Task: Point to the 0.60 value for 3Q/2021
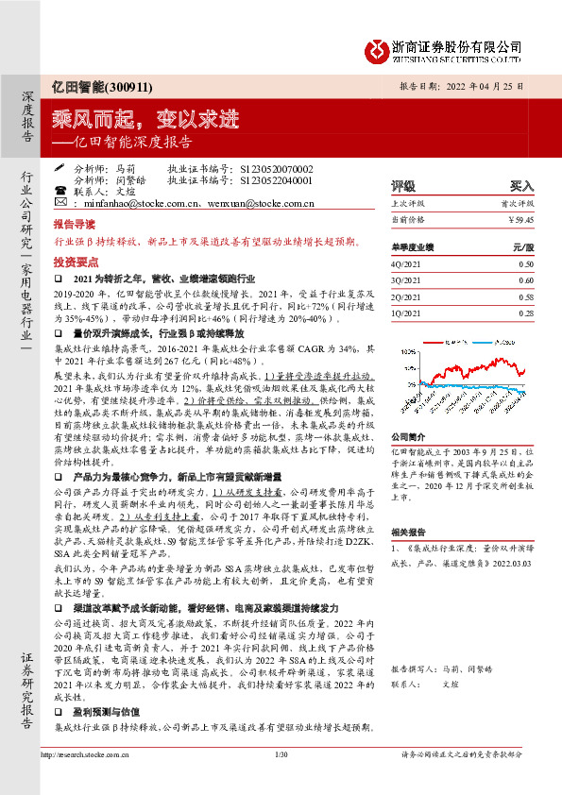(x=526, y=281)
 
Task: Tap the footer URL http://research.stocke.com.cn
(x=86, y=780)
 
